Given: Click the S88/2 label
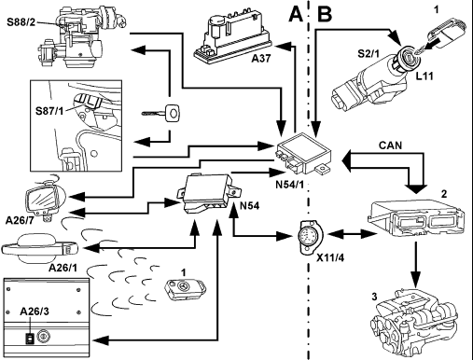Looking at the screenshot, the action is click(21, 22).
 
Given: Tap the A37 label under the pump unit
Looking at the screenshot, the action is click(261, 58).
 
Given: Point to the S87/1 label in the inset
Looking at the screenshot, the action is click(49, 111).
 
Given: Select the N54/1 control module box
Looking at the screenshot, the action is click(304, 153).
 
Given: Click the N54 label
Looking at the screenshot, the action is click(249, 205).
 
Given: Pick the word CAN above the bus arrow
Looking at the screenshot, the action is click(390, 145).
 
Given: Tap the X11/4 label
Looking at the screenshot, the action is click(330, 257).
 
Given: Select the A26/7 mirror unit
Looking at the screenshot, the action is click(45, 199).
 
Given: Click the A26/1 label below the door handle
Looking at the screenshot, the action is click(63, 267).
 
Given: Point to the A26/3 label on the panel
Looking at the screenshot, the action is click(35, 312).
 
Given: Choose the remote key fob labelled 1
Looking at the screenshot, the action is click(186, 289).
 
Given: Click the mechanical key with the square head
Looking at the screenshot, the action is click(161, 113).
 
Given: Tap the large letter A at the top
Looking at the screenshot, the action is click(296, 15).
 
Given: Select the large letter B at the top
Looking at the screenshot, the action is click(325, 15).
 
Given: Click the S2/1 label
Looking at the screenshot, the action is click(369, 54).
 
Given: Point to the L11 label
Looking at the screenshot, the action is click(424, 76).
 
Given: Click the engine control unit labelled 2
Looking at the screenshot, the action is click(416, 217).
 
